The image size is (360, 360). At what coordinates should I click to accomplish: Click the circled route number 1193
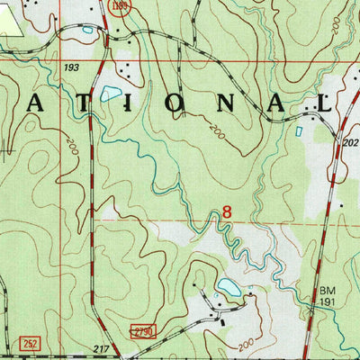(x=120, y=7)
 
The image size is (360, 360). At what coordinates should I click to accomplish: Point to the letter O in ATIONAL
(x=172, y=103)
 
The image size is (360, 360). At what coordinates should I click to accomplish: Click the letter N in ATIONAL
(x=222, y=103)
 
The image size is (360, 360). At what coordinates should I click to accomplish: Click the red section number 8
(x=227, y=212)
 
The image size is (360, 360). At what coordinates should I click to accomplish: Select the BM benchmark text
(x=328, y=292)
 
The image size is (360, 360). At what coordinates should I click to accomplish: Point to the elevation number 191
(x=329, y=304)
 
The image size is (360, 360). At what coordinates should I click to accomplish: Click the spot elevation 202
(x=350, y=141)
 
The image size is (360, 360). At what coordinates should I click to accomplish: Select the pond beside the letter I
(x=111, y=94)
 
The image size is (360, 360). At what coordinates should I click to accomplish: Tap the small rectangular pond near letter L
(x=299, y=131)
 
